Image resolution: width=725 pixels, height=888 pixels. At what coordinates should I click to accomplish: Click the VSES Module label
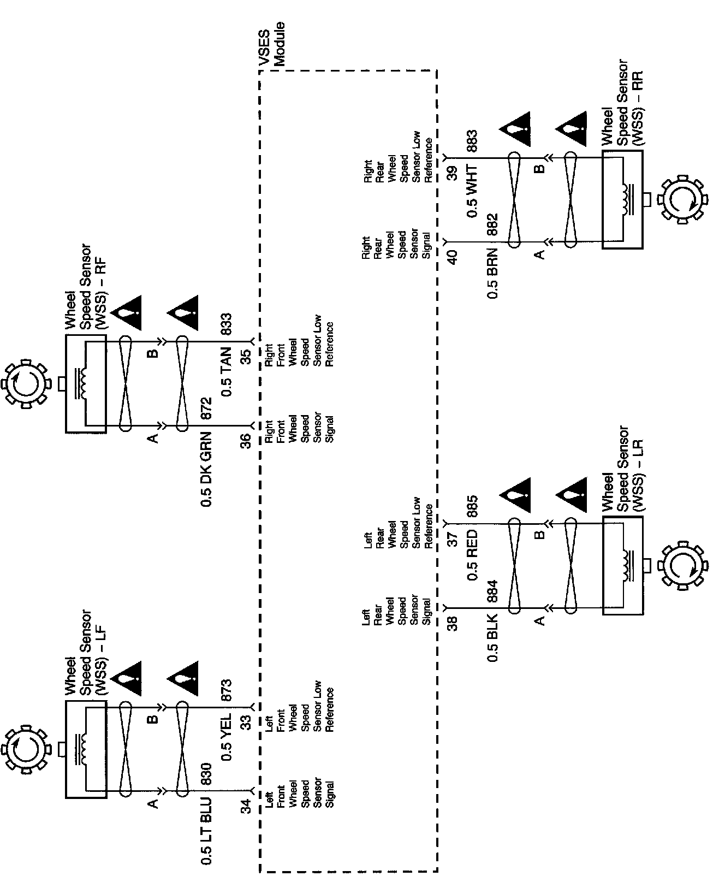pyautogui.click(x=272, y=45)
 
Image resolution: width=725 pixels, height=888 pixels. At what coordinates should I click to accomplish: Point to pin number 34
pyautogui.click(x=246, y=806)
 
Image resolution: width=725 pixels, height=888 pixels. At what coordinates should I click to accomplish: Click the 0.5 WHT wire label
pyautogui.click(x=471, y=191)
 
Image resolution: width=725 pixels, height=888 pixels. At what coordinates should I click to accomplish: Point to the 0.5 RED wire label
pyautogui.click(x=471, y=555)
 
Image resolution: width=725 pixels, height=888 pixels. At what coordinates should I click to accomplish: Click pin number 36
pyautogui.click(x=246, y=441)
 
